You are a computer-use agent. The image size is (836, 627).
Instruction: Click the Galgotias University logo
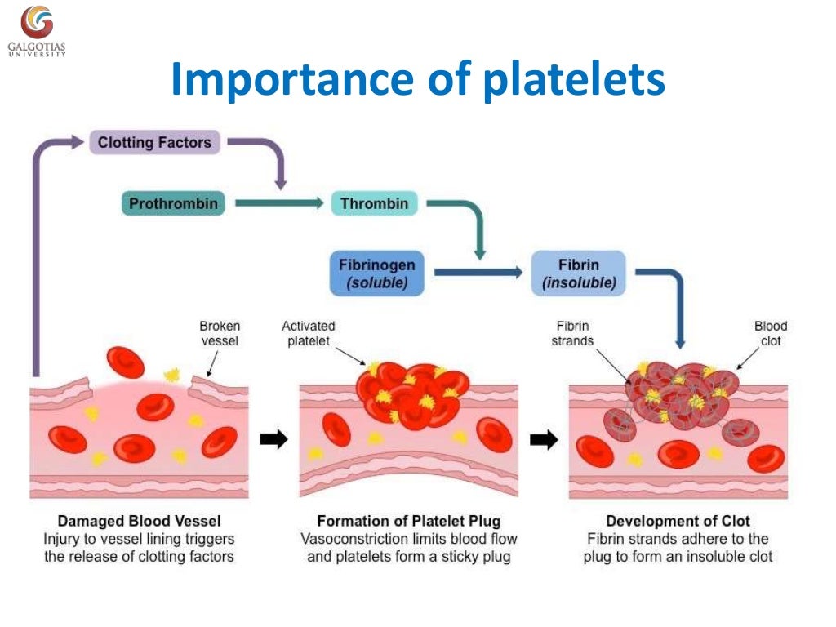tap(37, 31)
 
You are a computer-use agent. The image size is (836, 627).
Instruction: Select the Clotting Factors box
tap(154, 143)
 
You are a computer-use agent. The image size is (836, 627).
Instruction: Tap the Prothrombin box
tap(174, 203)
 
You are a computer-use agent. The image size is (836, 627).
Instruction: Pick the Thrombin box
tap(374, 203)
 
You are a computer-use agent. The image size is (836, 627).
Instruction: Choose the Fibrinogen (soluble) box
tap(376, 274)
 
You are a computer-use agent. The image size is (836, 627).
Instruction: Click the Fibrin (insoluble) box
tap(578, 274)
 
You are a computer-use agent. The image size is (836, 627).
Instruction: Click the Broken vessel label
tap(220, 333)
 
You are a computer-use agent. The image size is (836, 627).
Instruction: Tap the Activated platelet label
tap(308, 333)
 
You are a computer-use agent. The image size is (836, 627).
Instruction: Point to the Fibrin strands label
tap(572, 333)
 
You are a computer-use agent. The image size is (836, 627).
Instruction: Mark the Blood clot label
tap(771, 333)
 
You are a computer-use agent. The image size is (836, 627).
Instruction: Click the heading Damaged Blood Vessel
tap(139, 521)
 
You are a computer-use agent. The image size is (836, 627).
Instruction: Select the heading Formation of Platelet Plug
tap(408, 521)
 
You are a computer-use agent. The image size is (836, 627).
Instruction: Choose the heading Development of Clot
tap(678, 521)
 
